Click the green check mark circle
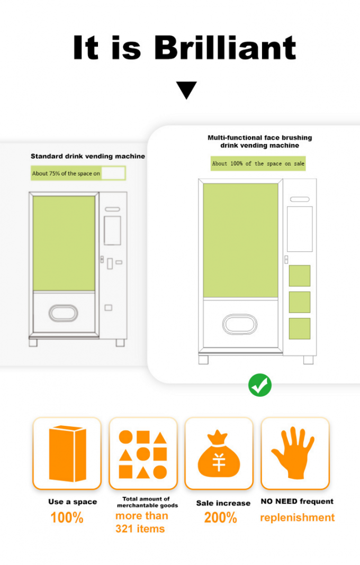(x=259, y=386)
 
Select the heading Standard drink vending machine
(x=88, y=156)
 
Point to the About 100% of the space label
(x=258, y=163)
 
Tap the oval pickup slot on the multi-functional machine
(x=239, y=324)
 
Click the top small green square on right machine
(x=299, y=276)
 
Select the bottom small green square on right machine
(x=299, y=328)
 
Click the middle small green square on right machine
(x=299, y=302)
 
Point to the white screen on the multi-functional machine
(x=299, y=229)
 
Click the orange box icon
(x=67, y=453)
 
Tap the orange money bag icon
(x=219, y=453)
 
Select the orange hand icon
(x=294, y=453)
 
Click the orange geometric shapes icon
(x=142, y=453)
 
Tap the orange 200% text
(x=220, y=518)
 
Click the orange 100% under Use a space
(x=67, y=518)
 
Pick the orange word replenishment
(x=297, y=517)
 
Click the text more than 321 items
(x=141, y=522)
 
